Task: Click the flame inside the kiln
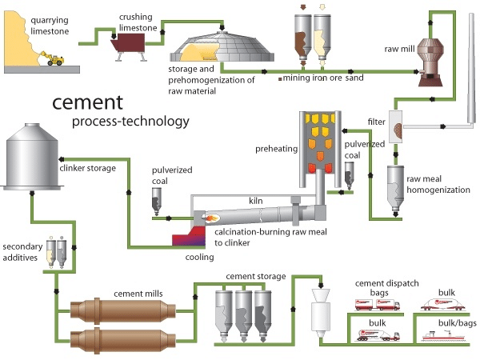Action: pyautogui.click(x=214, y=216)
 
